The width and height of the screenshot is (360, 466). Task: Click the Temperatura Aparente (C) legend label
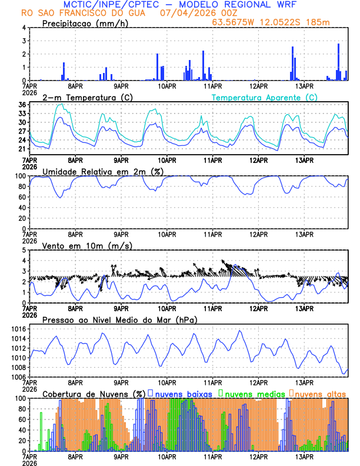tap(265, 97)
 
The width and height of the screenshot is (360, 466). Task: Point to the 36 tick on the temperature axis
tap(22, 105)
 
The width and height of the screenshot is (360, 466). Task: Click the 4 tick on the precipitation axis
tap(23, 28)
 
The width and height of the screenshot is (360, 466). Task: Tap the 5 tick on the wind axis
tap(23, 250)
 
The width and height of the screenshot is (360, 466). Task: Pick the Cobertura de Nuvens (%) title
tap(94, 394)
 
